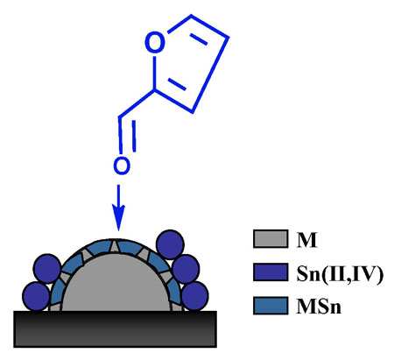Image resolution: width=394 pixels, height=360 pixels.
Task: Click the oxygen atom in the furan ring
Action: pyautogui.click(x=155, y=43)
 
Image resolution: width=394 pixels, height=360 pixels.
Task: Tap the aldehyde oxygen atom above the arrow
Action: pyautogui.click(x=122, y=166)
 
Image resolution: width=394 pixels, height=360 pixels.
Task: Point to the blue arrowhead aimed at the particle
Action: pyautogui.click(x=118, y=218)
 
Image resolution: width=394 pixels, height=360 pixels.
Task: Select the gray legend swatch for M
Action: pyautogui.click(x=271, y=239)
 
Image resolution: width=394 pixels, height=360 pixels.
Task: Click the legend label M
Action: pyautogui.click(x=306, y=240)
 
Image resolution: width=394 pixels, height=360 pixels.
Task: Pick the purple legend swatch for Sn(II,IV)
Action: pyautogui.click(x=271, y=272)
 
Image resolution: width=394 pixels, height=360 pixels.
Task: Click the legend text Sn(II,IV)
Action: pyautogui.click(x=339, y=274)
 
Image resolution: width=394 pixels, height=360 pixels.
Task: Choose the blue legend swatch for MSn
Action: pyautogui.click(x=271, y=306)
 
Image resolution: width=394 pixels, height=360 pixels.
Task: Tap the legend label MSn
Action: pyautogui.click(x=319, y=307)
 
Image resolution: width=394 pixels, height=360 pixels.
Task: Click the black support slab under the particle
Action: pyautogui.click(x=116, y=329)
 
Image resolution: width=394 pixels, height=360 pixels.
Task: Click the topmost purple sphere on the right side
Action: pyautogui.click(x=170, y=244)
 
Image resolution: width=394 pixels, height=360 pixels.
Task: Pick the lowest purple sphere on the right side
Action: pyautogui.click(x=195, y=296)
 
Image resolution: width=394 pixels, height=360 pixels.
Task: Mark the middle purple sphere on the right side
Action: pyautogui.click(x=186, y=269)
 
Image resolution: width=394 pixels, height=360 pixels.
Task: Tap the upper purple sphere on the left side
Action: pyautogui.click(x=47, y=268)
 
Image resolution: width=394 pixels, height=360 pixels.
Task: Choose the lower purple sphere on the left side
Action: pyautogui.click(x=36, y=296)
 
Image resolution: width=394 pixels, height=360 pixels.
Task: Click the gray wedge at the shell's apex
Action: pyautogui.click(x=115, y=247)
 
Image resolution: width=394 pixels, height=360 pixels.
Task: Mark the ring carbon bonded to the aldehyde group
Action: pyautogui.click(x=154, y=89)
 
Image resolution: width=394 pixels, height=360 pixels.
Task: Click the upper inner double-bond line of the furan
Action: pyautogui.click(x=199, y=39)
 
